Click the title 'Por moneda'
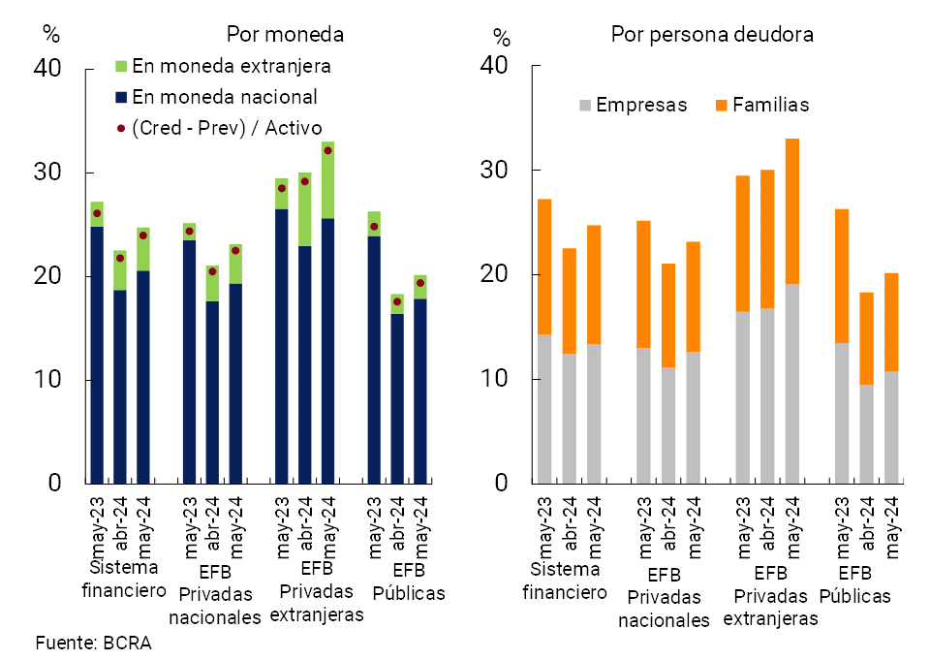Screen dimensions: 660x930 pyautogui.click(x=285, y=35)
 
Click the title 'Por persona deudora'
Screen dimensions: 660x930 pyautogui.click(x=711, y=35)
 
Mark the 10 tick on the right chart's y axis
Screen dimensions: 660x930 pyautogui.click(x=494, y=379)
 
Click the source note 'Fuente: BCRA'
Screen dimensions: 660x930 pyautogui.click(x=94, y=642)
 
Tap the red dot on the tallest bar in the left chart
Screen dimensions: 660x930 pyautogui.click(x=327, y=150)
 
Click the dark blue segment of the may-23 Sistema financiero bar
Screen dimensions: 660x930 pyautogui.click(x=97, y=354)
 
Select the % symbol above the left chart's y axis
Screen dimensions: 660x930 pyautogui.click(x=51, y=33)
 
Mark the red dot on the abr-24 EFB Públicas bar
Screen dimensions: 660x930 pyautogui.click(x=397, y=301)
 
